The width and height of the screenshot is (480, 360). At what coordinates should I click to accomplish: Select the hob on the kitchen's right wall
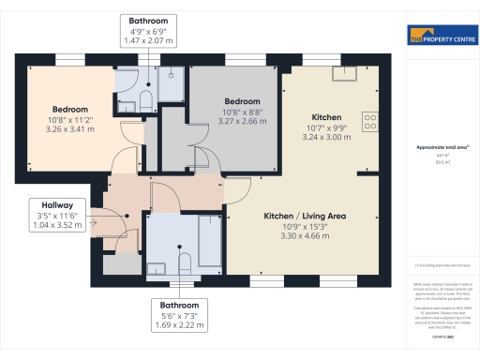371,122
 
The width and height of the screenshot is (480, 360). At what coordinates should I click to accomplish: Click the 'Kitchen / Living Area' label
305,216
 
